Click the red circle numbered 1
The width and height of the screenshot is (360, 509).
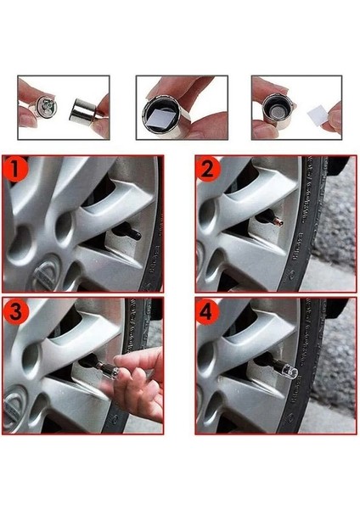pos(15,169)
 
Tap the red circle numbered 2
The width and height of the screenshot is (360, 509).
pos(208,169)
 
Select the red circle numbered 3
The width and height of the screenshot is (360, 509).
pos(15,311)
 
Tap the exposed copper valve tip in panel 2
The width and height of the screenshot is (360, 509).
pos(279,222)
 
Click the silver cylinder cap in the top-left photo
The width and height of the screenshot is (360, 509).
pos(83,112)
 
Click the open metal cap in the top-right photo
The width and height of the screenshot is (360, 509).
pos(277,111)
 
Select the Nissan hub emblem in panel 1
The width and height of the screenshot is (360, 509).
pos(46,273)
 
